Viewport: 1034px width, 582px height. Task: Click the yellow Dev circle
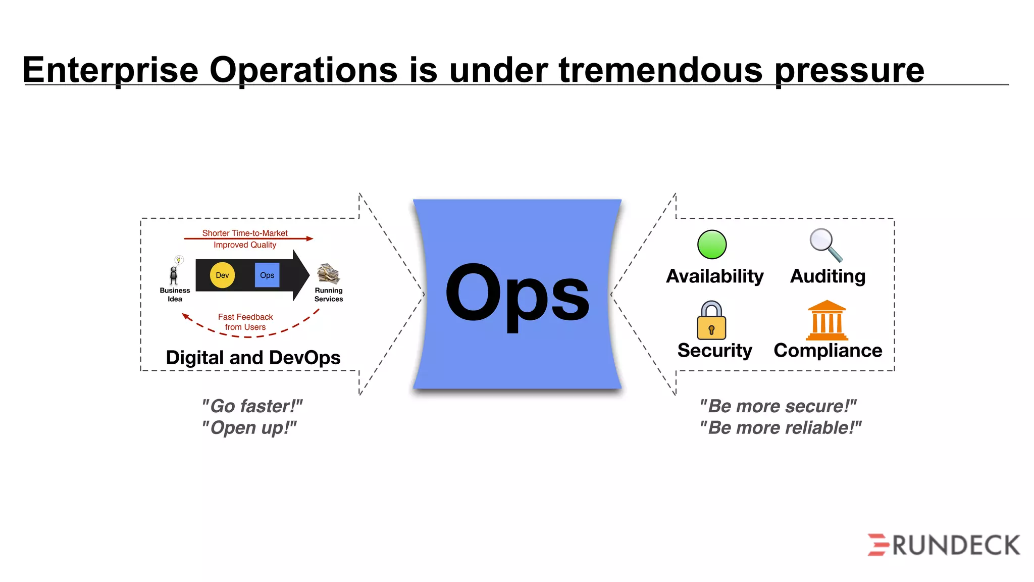click(222, 275)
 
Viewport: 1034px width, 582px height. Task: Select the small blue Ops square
click(267, 275)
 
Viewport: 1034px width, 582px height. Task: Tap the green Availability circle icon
click(712, 245)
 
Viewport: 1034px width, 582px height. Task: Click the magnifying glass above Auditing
click(825, 245)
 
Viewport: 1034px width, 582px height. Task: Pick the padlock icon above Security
click(711, 321)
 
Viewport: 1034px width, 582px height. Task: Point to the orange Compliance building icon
click(827, 320)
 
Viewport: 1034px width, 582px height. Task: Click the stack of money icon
click(328, 273)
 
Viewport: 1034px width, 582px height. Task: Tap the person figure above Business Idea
click(174, 275)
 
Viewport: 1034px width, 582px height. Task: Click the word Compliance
click(828, 351)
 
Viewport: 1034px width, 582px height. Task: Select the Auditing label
click(828, 276)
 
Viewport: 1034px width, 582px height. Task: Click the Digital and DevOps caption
click(253, 358)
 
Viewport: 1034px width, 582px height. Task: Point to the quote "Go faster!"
click(251, 406)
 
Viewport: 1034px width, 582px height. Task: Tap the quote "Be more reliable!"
click(780, 428)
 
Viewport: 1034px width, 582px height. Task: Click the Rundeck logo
click(944, 545)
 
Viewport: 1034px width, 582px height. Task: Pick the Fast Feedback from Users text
click(245, 322)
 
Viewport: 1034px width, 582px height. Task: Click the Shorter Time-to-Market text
click(245, 233)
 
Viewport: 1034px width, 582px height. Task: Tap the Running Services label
click(329, 295)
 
